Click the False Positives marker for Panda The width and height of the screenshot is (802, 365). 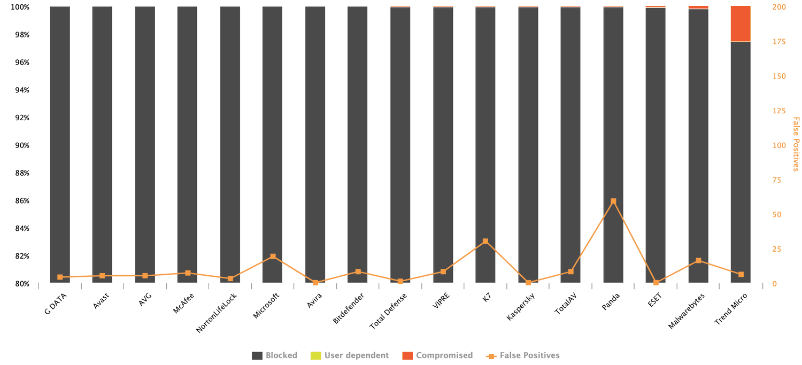pos(613,201)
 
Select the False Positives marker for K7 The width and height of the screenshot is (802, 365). pos(485,242)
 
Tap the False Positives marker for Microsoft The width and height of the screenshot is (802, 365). pos(273,257)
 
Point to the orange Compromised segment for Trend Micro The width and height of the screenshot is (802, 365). pos(741,24)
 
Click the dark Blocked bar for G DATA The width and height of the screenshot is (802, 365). pos(60,144)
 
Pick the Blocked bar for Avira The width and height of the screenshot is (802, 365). pos(315,144)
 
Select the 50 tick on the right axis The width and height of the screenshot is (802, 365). pos(776,215)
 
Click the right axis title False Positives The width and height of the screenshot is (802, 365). pos(796,144)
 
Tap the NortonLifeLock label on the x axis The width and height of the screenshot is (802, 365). pos(217,313)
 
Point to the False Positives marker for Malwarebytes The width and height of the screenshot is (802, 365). pos(698,261)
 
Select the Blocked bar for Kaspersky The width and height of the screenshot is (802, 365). pos(528,144)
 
